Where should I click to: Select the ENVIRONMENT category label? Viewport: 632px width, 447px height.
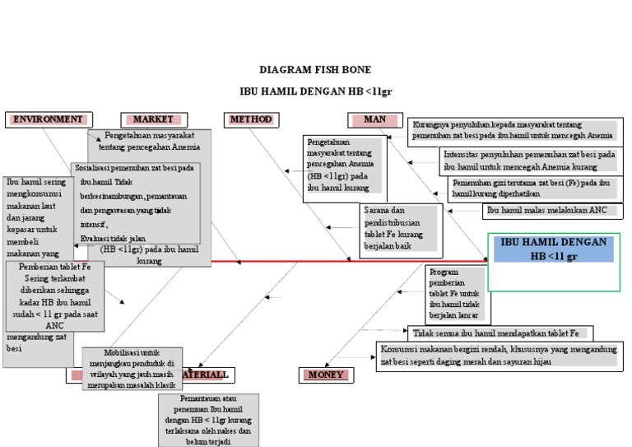46,119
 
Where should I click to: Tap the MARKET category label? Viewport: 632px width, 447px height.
153,119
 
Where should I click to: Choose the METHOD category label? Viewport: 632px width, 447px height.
250,119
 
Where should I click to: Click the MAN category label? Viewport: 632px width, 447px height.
374,119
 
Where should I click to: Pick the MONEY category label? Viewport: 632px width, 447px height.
326,375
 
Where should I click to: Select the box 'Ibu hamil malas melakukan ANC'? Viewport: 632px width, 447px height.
546,211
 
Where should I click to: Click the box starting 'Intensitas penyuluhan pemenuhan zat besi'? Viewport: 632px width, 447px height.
529,160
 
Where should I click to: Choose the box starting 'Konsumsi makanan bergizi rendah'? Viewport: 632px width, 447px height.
498,356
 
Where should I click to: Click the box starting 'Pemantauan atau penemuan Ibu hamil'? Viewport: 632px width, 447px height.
207,420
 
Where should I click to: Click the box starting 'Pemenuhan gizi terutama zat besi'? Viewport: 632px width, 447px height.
531,188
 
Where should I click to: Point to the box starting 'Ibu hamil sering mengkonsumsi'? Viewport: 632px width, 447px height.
37,216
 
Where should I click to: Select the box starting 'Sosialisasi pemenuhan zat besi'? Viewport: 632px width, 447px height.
135,202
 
